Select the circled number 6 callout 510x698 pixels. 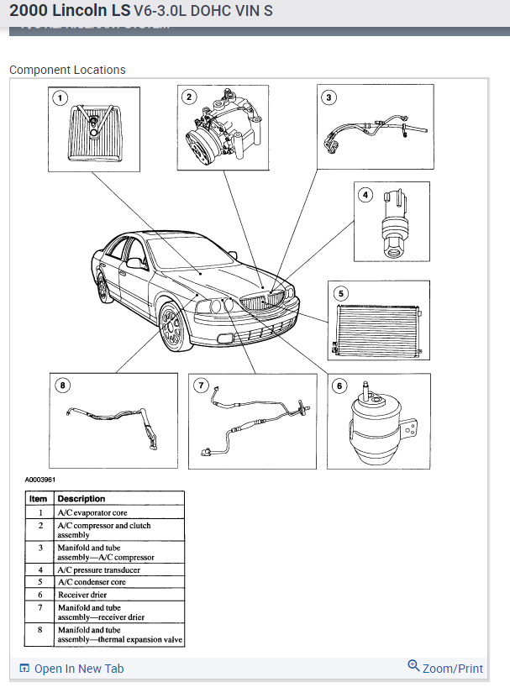tap(339, 386)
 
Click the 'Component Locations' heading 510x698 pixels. tap(67, 70)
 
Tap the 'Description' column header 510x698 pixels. tap(81, 498)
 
